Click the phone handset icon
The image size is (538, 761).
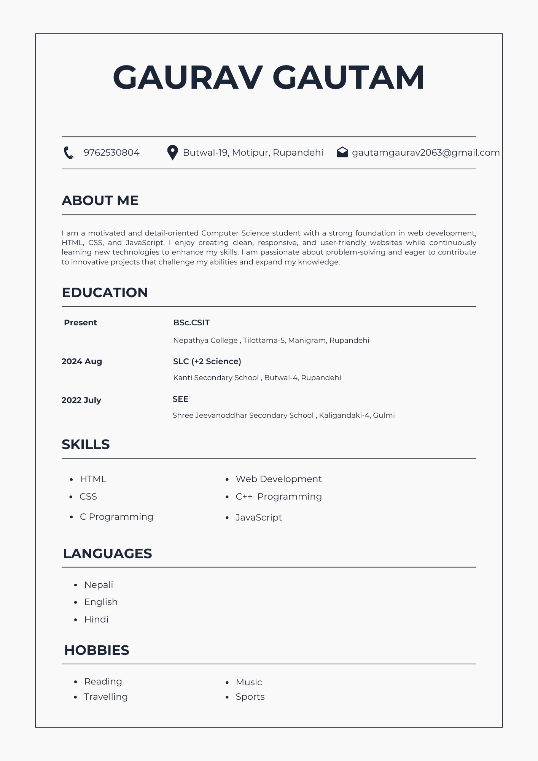click(69, 153)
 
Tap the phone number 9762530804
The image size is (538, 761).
click(111, 153)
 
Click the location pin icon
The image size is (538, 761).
click(172, 153)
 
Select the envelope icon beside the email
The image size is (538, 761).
click(342, 152)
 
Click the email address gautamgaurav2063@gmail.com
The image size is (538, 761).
click(425, 153)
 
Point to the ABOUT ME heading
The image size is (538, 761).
click(100, 201)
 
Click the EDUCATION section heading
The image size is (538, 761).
click(105, 293)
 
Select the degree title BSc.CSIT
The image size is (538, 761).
click(191, 323)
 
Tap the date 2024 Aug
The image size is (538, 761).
click(82, 361)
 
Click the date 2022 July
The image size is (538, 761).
click(81, 400)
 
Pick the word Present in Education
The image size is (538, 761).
click(80, 323)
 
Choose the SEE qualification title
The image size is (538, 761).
click(180, 399)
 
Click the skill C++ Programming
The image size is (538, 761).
click(279, 497)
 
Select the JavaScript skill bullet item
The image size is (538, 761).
click(259, 517)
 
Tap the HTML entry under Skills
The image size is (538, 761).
click(93, 479)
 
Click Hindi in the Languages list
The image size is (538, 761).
click(96, 619)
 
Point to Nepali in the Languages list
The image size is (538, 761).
click(99, 585)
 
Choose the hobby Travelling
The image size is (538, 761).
click(106, 697)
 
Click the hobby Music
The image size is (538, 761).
click(249, 682)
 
